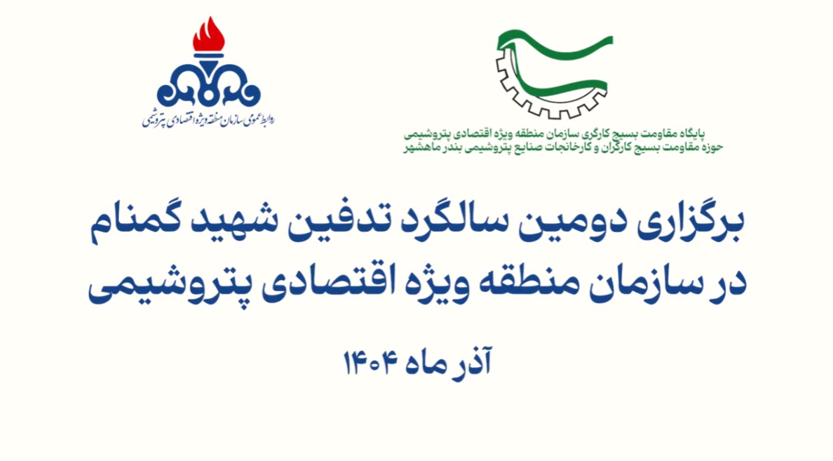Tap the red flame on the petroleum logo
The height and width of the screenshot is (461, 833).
click(x=209, y=35)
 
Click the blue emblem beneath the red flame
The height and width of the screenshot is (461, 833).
click(x=209, y=84)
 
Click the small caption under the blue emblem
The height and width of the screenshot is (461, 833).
click(x=208, y=119)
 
